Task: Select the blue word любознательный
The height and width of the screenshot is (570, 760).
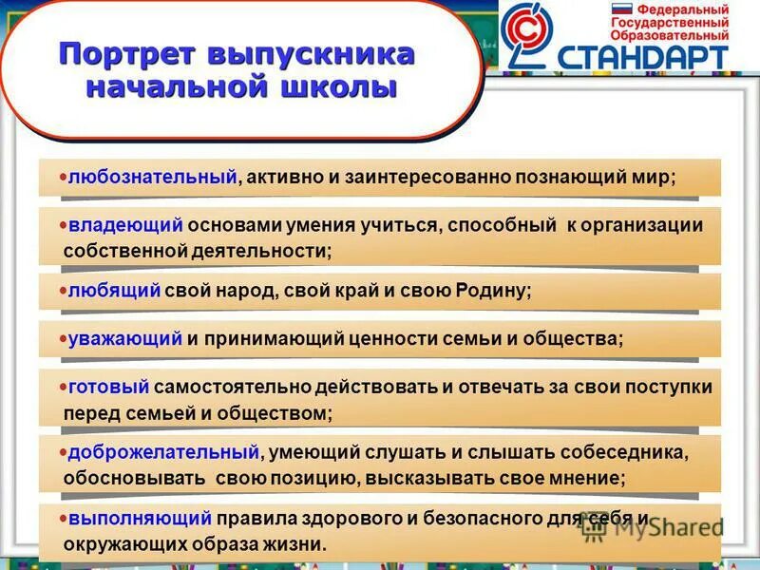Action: coord(152,178)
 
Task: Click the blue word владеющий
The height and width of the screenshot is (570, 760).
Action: coord(124,225)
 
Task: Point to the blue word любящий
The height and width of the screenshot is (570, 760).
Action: coord(113,291)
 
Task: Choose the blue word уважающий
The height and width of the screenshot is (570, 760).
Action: coord(123,338)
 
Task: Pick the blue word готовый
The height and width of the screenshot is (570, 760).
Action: coord(109,388)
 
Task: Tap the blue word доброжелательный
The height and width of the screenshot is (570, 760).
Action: coord(162,452)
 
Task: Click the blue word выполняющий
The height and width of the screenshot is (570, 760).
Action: coord(139,519)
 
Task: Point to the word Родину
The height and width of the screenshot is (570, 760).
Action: coord(488,292)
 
